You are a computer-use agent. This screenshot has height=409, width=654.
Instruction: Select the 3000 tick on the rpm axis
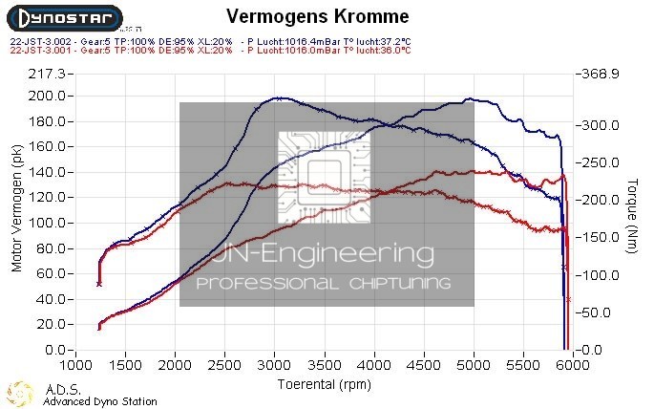point(274,365)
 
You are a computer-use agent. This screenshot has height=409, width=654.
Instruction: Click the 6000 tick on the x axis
point(571,365)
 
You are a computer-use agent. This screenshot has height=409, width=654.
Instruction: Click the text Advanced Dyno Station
point(100,401)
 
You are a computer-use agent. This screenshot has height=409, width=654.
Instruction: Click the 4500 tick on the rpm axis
point(423,365)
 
